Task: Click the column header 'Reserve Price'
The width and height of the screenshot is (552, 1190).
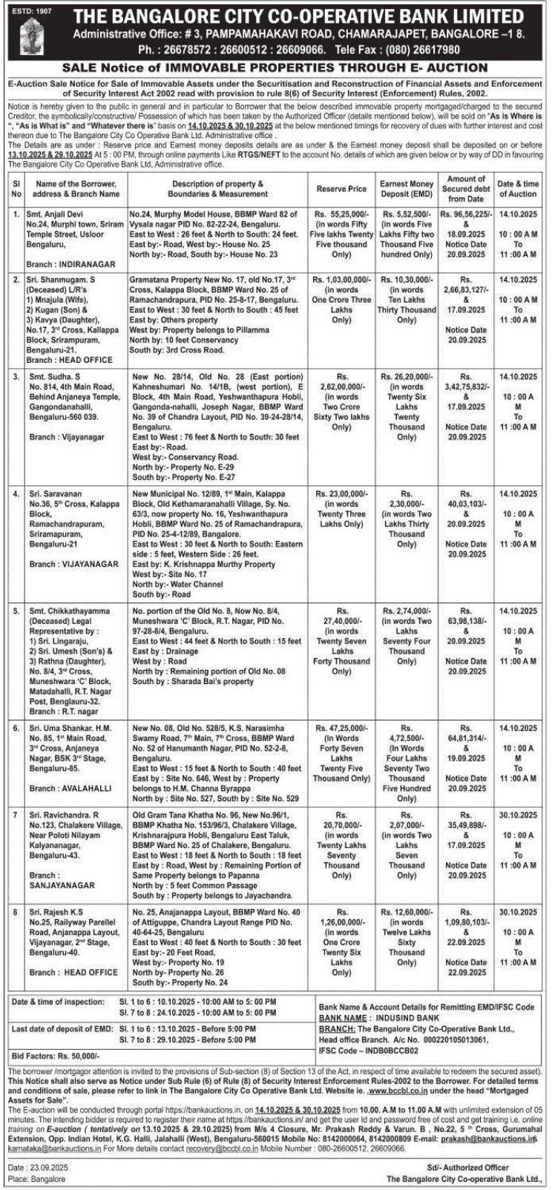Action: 341,189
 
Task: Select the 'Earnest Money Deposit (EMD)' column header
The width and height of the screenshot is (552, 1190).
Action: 406,188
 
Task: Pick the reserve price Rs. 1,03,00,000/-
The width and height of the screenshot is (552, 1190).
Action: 341,280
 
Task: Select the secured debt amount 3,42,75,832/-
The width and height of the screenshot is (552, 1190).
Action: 465,387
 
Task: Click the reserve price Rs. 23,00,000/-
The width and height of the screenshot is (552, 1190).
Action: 341,493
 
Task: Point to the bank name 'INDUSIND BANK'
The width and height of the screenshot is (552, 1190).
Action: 400,1019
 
